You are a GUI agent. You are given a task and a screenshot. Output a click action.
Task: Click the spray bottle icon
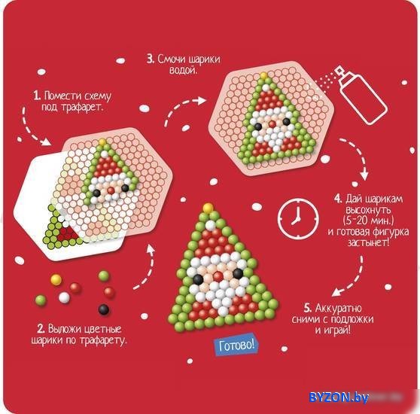pyautogui.click(x=361, y=96)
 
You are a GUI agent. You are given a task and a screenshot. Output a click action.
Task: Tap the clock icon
pyautogui.click(x=298, y=219)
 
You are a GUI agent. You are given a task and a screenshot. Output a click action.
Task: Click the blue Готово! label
pyautogui.click(x=236, y=345)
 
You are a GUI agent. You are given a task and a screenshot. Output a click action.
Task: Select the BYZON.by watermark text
pyautogui.click(x=339, y=397)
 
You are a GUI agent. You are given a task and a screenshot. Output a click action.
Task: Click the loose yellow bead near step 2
pyautogui.click(x=56, y=279)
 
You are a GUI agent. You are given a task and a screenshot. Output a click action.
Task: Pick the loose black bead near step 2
pyautogui.click(x=104, y=309)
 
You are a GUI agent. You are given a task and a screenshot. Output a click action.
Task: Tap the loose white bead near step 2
pyautogui.click(x=64, y=297)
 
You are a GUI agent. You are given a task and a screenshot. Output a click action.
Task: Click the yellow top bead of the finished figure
pyautogui.click(x=208, y=208)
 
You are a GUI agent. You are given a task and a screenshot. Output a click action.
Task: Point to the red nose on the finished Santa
pyautogui.click(x=218, y=275)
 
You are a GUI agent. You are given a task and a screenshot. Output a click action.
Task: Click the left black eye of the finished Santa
pyautogui.click(x=198, y=279)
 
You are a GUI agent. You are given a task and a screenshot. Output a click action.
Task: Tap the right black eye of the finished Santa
pyautogui.click(x=238, y=273)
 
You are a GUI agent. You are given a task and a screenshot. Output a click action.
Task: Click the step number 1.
pyautogui.click(x=37, y=96)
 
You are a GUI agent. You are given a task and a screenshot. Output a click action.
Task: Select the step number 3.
pyautogui.click(x=151, y=59)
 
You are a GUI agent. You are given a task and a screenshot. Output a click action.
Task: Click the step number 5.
pyautogui.click(x=308, y=308)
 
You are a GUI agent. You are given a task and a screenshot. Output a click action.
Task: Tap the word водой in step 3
pyautogui.click(x=183, y=71)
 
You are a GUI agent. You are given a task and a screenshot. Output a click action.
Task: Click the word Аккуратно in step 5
pyautogui.click(x=338, y=308)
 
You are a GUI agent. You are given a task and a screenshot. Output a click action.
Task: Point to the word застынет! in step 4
pyautogui.click(x=368, y=242)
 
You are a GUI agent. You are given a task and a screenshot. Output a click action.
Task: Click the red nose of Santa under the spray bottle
pyautogui.click(x=272, y=124)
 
